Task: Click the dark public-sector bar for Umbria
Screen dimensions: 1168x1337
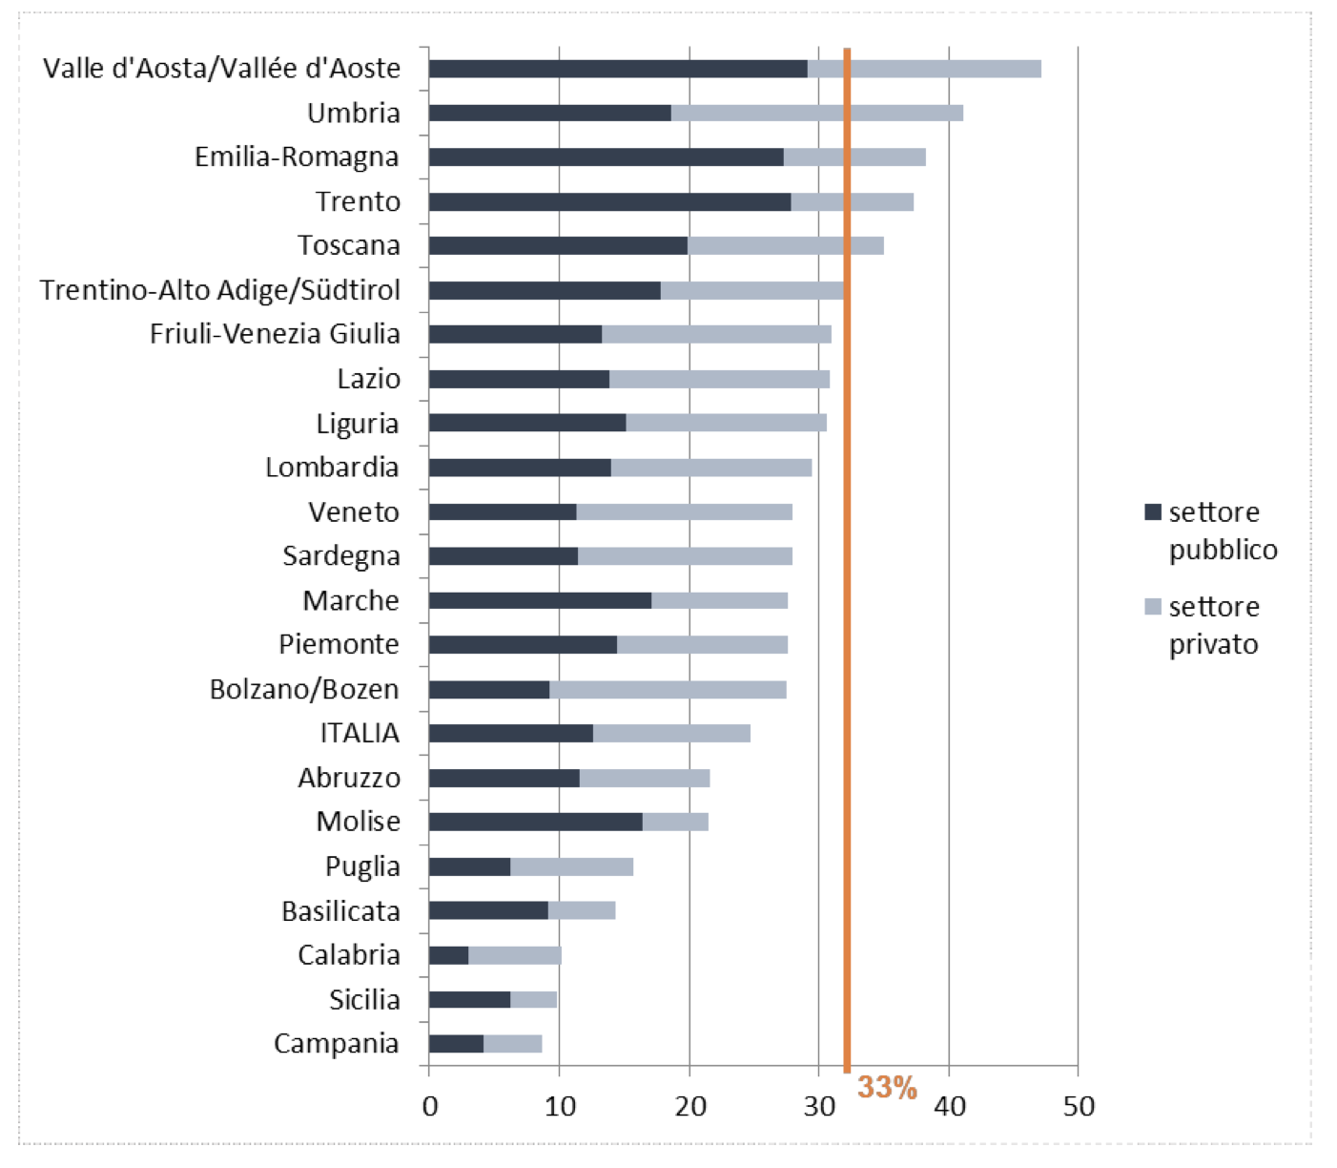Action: (549, 113)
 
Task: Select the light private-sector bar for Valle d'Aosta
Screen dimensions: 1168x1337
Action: (924, 69)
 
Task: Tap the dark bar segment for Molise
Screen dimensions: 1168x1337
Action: (535, 822)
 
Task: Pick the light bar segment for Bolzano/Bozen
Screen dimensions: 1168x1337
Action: (668, 689)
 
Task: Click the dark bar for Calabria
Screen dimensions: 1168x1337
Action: (448, 955)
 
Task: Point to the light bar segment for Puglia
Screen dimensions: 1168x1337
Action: (571, 866)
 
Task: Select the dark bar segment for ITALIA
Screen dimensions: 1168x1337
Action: (510, 733)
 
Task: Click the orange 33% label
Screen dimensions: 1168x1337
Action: (887, 1088)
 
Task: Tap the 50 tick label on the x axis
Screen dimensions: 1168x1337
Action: (1079, 1107)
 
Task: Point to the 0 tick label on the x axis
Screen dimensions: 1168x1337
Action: (430, 1107)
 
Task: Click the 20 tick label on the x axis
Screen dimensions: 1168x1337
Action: (689, 1107)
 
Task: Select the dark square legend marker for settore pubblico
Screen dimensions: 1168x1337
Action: (1153, 512)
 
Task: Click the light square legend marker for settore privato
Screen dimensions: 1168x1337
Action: (1153, 607)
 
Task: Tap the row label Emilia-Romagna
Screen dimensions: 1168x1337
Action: (297, 157)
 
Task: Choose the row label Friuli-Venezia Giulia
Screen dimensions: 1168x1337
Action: (275, 334)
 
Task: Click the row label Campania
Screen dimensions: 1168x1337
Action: (336, 1044)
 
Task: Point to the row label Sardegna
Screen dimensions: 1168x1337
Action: (340, 556)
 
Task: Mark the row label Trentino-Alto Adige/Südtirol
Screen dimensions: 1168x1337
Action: (219, 290)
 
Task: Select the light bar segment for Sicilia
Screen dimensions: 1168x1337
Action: (533, 999)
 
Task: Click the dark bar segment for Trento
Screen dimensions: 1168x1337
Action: (609, 201)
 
